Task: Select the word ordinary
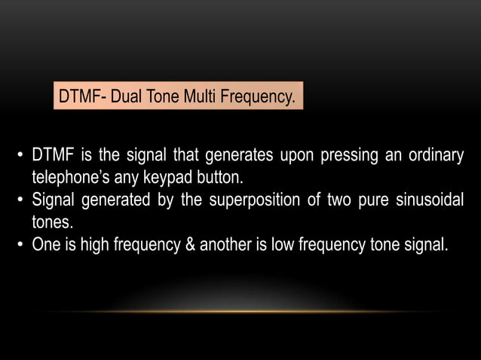coord(432,157)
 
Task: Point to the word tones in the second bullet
coord(50,222)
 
